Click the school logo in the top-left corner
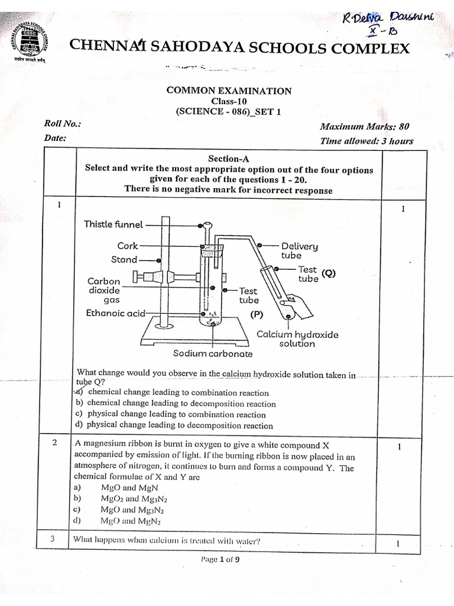30,44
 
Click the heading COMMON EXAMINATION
228,91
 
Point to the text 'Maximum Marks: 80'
364,126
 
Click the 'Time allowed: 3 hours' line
366,141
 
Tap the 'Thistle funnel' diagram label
113,224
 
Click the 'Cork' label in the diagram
128,245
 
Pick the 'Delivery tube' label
299,250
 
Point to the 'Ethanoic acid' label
115,313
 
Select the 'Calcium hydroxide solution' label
297,339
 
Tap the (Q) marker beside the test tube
329,273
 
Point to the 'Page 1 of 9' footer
220,559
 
